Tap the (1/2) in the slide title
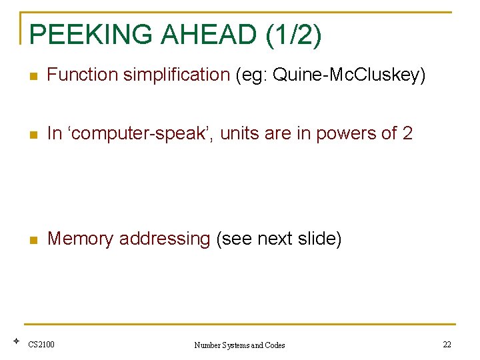tap(293, 35)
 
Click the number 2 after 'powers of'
tap(407, 134)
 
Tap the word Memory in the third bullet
tap(80, 239)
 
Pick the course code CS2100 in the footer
tap(41, 345)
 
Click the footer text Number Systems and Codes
tap(239, 345)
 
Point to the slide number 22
tap(447, 345)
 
